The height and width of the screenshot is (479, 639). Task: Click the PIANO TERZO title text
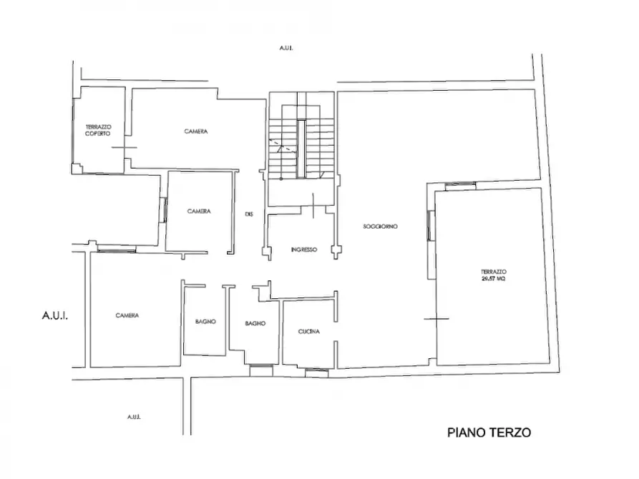[489, 433]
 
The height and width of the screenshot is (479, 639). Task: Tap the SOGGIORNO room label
[380, 226]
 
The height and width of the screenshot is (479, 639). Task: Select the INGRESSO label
[304, 250]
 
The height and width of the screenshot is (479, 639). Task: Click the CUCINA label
[308, 332]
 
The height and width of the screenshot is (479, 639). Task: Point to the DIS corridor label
[249, 213]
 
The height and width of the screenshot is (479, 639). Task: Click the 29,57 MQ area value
[494, 279]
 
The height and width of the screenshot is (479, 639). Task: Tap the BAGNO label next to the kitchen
[255, 323]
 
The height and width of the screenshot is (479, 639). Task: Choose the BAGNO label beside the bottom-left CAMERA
[205, 322]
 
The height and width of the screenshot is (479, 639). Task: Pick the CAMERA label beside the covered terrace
[195, 131]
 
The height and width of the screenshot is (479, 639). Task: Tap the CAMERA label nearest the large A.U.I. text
[127, 315]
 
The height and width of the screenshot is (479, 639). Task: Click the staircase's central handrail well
[301, 149]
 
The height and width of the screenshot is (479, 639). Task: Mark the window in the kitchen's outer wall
[316, 371]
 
